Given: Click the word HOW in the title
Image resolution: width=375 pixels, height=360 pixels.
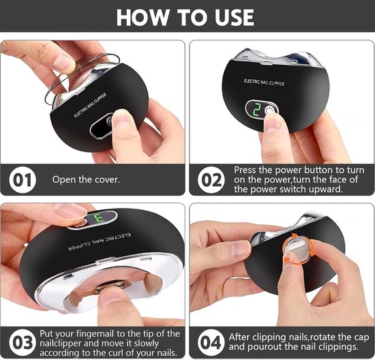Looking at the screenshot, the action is coord(142,17).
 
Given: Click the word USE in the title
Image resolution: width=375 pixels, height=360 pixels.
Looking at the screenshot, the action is coord(234,17).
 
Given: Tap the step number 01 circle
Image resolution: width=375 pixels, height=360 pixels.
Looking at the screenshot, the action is coord(22,179).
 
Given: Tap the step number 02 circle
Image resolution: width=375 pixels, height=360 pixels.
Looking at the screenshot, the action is coord(211,180).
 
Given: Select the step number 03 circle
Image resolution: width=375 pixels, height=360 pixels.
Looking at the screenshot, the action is coord(22,343).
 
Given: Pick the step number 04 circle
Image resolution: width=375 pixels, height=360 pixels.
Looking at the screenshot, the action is coord(211,343).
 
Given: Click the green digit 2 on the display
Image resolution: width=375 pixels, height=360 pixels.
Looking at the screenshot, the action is coord(257,110).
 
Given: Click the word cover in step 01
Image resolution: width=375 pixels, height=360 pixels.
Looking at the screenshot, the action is coord(108,179).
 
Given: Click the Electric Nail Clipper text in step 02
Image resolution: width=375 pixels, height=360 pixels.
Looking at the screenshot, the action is coord(264,82).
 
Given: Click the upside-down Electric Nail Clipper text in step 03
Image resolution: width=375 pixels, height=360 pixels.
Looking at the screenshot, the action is coord(99,241).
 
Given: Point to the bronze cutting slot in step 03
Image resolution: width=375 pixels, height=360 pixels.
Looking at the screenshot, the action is coord(112,286).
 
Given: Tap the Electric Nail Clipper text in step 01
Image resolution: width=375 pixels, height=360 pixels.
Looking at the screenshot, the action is coord(90,105).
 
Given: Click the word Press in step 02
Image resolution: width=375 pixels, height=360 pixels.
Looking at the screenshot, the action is coord(245,170).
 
